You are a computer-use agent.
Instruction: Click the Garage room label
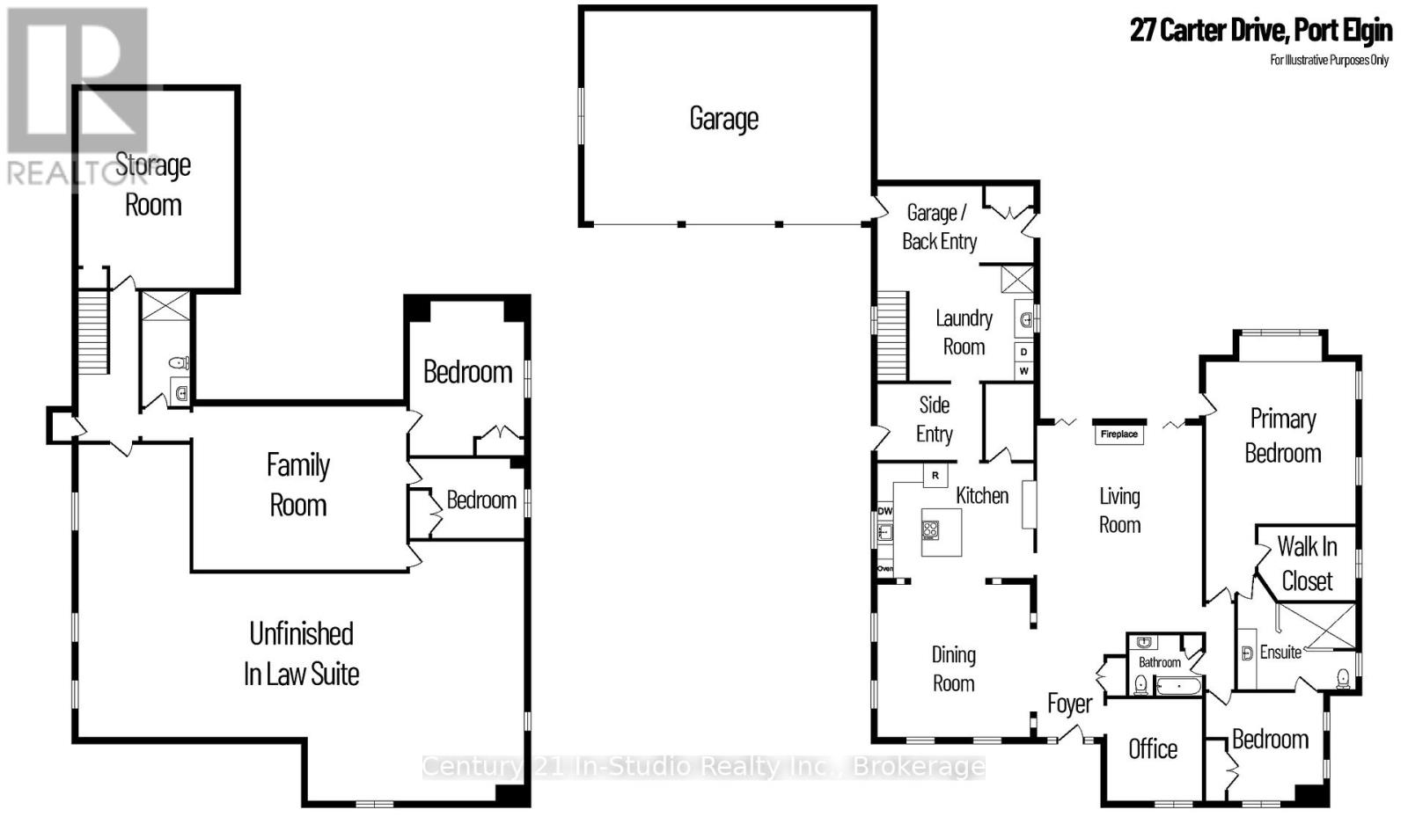click(x=723, y=119)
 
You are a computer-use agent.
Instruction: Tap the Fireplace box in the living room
click(x=1118, y=434)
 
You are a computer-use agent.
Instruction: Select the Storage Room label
click(x=153, y=185)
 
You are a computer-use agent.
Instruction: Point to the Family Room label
click(x=298, y=485)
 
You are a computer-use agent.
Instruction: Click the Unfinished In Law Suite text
click(x=301, y=653)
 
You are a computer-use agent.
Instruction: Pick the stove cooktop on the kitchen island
click(x=930, y=529)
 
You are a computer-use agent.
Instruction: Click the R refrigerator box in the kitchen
click(x=935, y=476)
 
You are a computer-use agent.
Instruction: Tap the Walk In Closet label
click(x=1307, y=563)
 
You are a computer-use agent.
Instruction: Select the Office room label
click(x=1153, y=748)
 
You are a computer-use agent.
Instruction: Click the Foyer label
click(x=1069, y=704)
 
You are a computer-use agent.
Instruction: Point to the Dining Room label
click(x=953, y=668)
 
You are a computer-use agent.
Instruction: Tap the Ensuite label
click(x=1280, y=652)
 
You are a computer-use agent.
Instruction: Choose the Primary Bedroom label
click(x=1282, y=435)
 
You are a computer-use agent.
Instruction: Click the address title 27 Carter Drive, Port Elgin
click(x=1260, y=30)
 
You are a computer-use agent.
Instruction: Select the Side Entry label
click(x=934, y=419)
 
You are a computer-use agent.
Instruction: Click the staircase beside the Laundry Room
click(x=891, y=335)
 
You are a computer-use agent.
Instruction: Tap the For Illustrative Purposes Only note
click(x=1329, y=60)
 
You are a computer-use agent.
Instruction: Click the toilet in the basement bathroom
click(x=179, y=362)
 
